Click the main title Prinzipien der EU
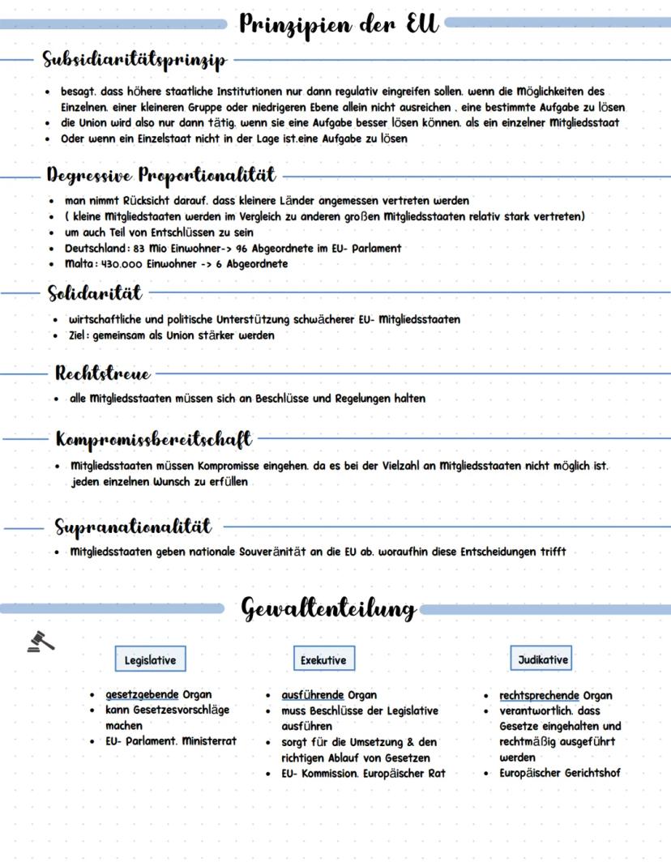point(340,24)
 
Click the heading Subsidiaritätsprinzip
point(135,60)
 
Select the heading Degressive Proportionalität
point(160,175)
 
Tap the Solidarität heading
point(94,292)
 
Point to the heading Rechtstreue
point(102,373)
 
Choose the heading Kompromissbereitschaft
point(154,440)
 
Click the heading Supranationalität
point(133,527)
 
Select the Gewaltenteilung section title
point(329,608)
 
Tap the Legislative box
point(150,660)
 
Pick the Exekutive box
point(323,660)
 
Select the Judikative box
point(543,659)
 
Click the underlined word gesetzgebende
point(142,695)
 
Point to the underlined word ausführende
point(313,695)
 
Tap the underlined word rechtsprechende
point(539,695)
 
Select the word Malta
point(80,263)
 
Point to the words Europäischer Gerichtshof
point(560,773)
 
